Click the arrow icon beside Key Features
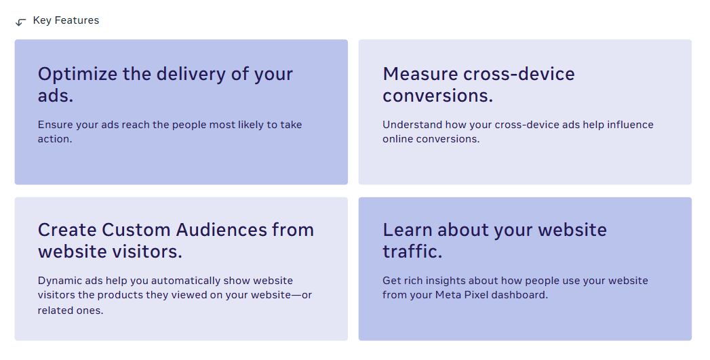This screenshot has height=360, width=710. point(21,22)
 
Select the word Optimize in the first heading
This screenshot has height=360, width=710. point(77,75)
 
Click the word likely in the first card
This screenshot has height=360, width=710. point(251,125)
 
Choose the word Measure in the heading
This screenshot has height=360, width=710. point(420,74)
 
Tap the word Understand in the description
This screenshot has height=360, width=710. point(412,125)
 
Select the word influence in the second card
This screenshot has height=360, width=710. point(630,125)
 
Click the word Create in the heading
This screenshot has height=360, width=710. point(67,230)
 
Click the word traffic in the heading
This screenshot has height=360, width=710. point(412,252)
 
